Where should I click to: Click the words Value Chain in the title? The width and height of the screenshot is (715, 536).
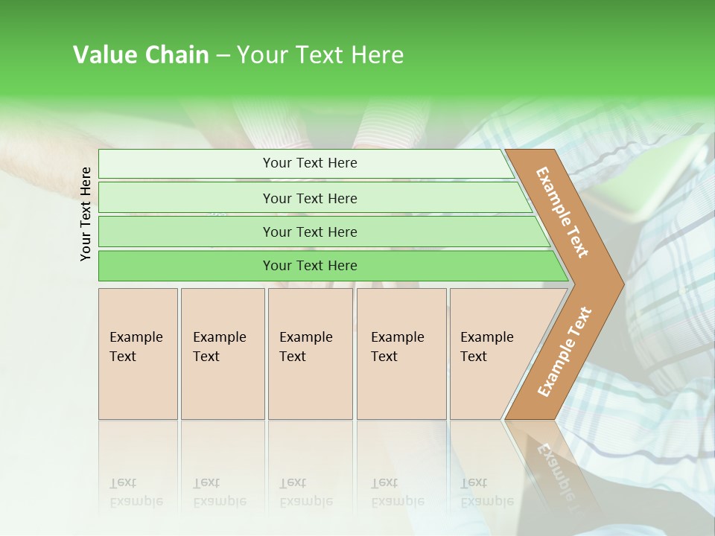(141, 55)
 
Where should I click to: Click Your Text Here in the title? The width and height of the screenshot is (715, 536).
(320, 55)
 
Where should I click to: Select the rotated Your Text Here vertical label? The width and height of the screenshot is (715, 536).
(86, 214)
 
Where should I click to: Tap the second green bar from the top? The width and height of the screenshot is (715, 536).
(309, 198)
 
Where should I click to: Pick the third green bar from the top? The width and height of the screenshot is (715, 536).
(309, 232)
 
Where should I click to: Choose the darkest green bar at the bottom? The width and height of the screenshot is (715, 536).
(309, 266)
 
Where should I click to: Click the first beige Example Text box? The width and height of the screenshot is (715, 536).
(138, 354)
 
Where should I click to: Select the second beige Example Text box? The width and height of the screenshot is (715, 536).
(222, 354)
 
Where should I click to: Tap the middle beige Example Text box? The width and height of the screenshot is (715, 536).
(310, 354)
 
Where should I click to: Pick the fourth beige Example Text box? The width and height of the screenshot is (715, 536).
(401, 354)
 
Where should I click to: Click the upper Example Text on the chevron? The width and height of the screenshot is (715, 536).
(562, 212)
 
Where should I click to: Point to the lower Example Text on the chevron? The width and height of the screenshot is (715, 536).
(564, 351)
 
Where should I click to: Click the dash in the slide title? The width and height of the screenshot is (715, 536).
(223, 56)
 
